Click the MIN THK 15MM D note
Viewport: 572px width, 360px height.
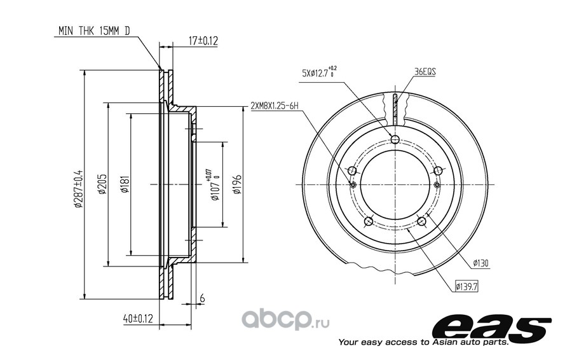(94, 31)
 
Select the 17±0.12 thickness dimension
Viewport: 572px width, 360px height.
(203, 41)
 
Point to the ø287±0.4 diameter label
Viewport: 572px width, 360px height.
(79, 189)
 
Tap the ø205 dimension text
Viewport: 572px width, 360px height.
(102, 184)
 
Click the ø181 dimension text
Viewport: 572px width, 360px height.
(124, 184)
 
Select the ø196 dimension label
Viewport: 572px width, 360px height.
(237, 184)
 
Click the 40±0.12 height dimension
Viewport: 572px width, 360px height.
(138, 319)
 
